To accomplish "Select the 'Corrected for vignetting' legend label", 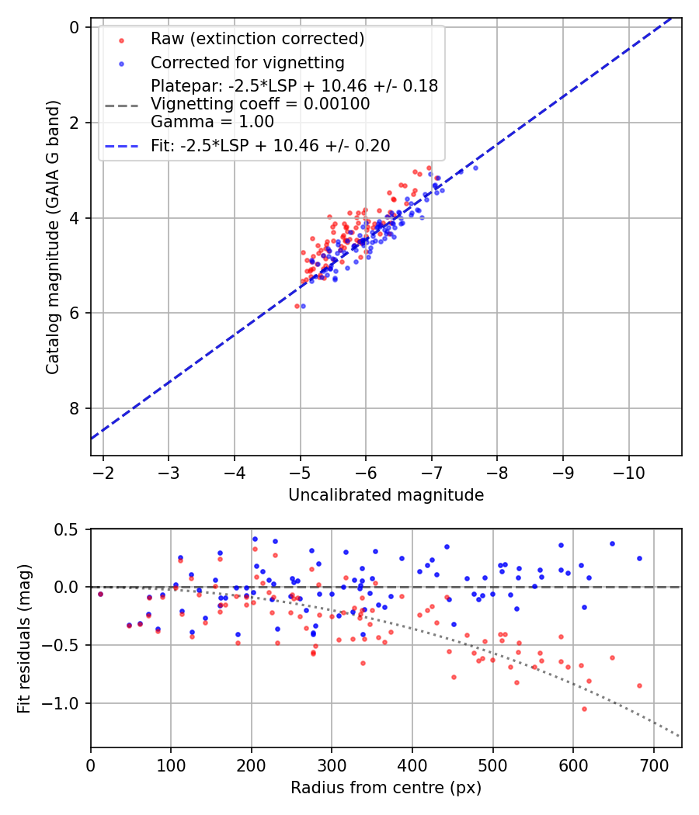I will point(247,62).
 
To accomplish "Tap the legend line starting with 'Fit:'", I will point(270,145).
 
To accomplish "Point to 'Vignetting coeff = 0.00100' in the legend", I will point(260,103).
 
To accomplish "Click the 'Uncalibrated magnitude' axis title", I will point(386,495).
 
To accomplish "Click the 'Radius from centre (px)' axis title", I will point(386,788).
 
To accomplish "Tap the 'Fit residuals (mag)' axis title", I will point(24,638).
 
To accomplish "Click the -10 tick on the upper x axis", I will point(629,471).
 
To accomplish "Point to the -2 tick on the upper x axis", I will point(103,471).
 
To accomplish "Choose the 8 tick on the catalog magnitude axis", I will point(75,408).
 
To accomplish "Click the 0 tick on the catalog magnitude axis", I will point(75,27).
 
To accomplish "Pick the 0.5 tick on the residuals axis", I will point(70,529).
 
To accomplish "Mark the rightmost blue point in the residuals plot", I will point(639,558).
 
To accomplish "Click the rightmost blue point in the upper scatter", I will point(475,168).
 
